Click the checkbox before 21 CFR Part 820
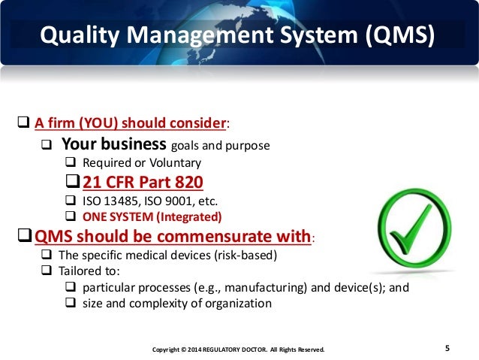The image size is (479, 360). point(72,183)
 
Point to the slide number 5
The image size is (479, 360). point(447,348)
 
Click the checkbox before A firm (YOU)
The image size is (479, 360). point(23,123)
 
